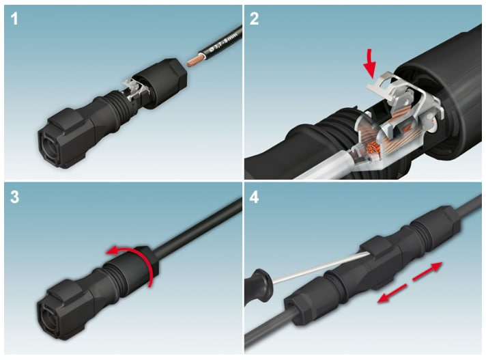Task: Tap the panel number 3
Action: coord(15,199)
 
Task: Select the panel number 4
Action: coord(255,199)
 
